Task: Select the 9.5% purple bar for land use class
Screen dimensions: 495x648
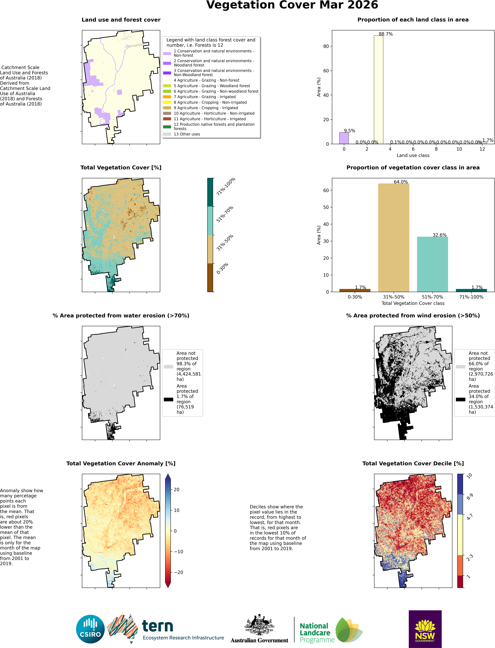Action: (344, 138)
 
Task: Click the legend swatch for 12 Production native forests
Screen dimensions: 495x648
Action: (167, 127)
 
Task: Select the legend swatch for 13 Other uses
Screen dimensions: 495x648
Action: (167, 134)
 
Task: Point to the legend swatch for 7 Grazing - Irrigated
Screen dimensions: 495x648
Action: (167, 97)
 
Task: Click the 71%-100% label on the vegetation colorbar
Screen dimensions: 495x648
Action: (226, 186)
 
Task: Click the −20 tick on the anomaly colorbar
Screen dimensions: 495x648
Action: (179, 572)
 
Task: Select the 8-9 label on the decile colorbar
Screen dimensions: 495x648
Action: (470, 497)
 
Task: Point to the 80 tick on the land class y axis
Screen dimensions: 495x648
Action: (326, 46)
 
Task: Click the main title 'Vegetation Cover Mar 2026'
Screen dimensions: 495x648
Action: (292, 5)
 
